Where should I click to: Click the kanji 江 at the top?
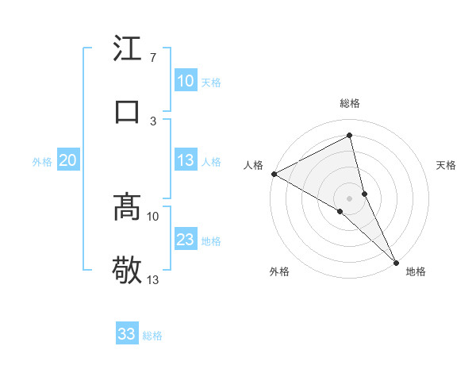tap(127, 49)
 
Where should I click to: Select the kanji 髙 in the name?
tap(127, 206)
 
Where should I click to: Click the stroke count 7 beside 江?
tap(152, 58)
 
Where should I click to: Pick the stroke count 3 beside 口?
tap(153, 121)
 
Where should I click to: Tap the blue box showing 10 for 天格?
tap(186, 81)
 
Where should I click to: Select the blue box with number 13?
tap(186, 160)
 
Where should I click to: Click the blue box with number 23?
tap(186, 240)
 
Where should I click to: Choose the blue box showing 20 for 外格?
tap(68, 160)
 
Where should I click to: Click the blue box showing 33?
tap(127, 334)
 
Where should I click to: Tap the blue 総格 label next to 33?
tap(152, 336)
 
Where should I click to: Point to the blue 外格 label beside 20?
tap(42, 162)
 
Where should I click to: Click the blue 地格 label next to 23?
tap(211, 241)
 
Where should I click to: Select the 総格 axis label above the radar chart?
tap(350, 103)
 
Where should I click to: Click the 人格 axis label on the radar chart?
tap(254, 165)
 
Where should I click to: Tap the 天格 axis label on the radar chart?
tap(447, 165)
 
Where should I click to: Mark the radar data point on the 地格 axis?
tap(396, 261)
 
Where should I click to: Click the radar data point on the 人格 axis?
tap(274, 174)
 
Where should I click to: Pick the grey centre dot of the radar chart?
tap(350, 198)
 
